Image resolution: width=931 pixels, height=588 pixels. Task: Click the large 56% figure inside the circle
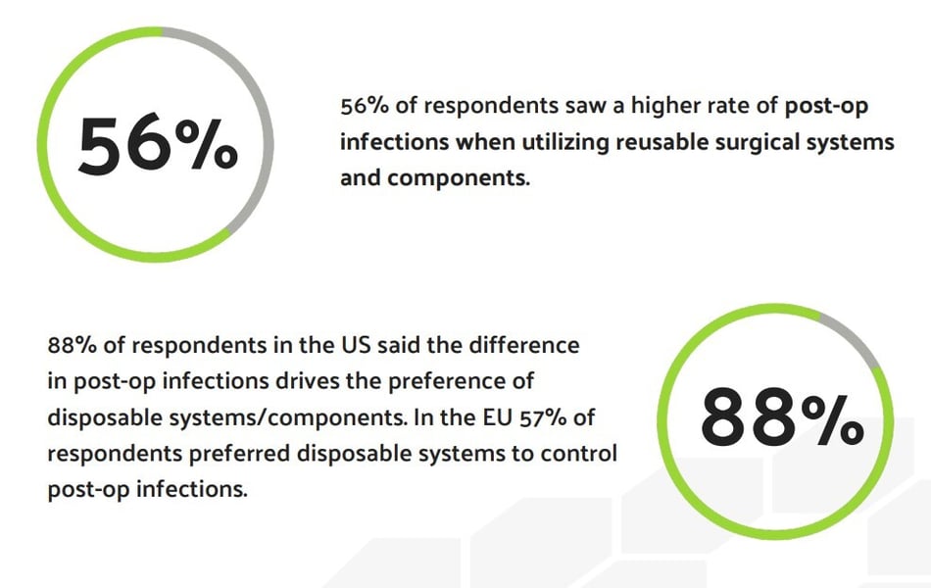point(158,145)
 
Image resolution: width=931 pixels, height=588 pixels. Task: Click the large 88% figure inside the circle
point(782,416)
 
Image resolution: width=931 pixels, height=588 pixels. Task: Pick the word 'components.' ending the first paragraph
point(459,179)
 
